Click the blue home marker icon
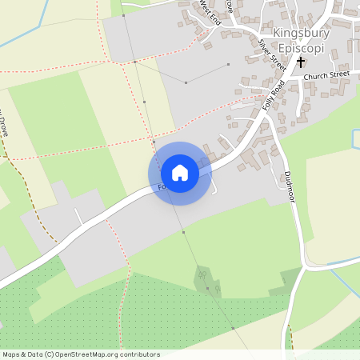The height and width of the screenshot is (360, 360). pyautogui.click(x=180, y=173)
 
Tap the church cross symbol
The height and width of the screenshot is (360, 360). pyautogui.click(x=301, y=61)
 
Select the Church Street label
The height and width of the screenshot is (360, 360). pyautogui.click(x=326, y=75)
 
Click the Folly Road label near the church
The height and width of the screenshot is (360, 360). pyautogui.click(x=274, y=95)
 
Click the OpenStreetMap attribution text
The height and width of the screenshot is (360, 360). pyautogui.click(x=81, y=354)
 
